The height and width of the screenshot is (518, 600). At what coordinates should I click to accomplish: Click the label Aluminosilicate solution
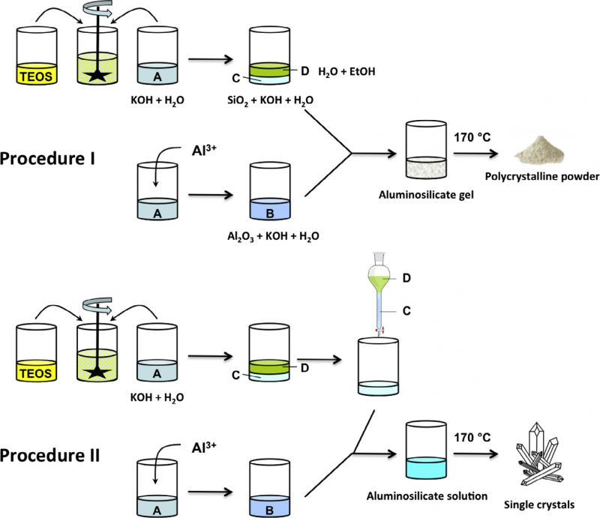point(429,495)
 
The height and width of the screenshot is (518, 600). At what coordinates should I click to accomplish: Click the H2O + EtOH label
point(347,71)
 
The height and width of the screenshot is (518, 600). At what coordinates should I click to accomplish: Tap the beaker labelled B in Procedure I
point(271,191)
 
